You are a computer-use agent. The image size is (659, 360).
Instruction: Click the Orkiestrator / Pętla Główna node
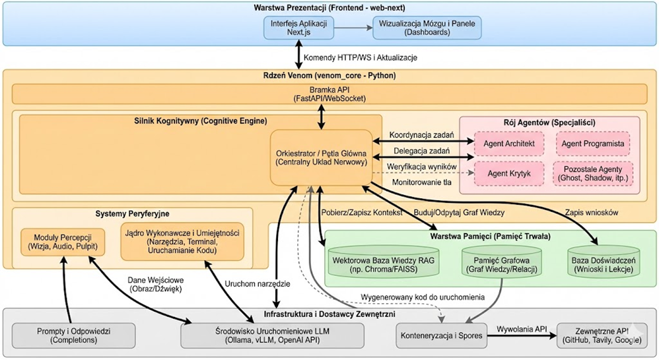321,157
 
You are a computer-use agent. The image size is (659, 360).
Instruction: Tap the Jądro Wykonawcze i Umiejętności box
183,242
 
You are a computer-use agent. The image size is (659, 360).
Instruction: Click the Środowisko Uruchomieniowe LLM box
273,334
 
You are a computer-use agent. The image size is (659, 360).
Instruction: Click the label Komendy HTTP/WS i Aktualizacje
360,57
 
